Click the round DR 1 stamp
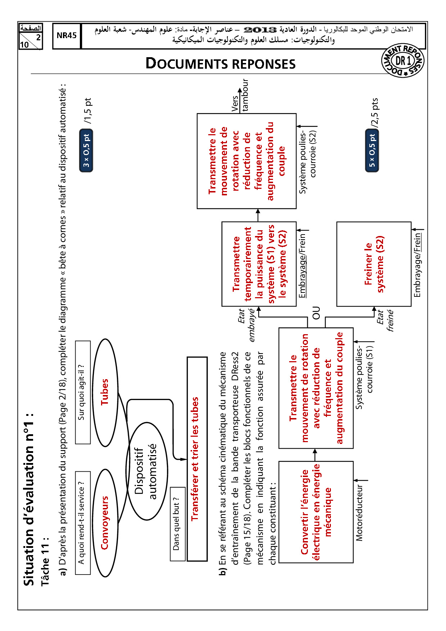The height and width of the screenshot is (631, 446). [x=402, y=61]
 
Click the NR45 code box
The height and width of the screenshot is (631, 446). [x=67, y=36]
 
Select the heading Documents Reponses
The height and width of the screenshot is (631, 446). [x=220, y=64]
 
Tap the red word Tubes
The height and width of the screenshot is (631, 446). [x=105, y=392]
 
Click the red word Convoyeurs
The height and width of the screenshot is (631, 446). [x=105, y=522]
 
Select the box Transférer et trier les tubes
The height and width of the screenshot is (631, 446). [x=197, y=459]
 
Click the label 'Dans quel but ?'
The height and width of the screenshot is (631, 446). [x=177, y=524]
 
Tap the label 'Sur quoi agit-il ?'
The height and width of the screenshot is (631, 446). [x=82, y=392]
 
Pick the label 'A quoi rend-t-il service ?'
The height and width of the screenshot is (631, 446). [x=82, y=522]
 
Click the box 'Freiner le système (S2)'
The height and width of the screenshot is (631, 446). [x=374, y=264]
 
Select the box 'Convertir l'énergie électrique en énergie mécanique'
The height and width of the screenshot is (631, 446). [x=316, y=512]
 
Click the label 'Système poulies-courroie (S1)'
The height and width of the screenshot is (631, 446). [x=364, y=378]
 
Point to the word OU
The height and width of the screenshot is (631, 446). [x=316, y=313]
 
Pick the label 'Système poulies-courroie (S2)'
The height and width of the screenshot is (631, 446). [x=308, y=162]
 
